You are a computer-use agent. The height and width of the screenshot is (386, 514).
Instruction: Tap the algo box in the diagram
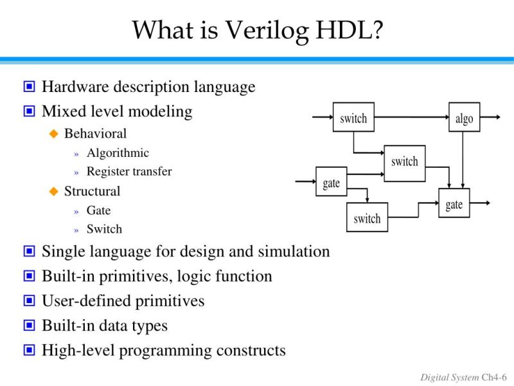click(x=464, y=117)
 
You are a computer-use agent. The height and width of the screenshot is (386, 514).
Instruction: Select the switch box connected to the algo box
click(x=353, y=117)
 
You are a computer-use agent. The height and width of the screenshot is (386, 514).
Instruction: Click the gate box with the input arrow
click(x=331, y=182)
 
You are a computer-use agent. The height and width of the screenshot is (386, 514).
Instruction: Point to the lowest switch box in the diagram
click(x=367, y=217)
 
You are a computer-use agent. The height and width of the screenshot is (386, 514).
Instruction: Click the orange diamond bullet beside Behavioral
click(x=54, y=134)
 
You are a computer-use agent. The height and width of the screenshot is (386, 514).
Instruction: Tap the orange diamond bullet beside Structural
click(x=54, y=191)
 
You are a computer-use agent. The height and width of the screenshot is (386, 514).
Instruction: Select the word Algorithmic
click(x=118, y=153)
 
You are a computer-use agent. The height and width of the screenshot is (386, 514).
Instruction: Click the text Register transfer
click(x=129, y=172)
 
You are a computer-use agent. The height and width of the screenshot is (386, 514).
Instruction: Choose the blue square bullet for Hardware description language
click(x=29, y=87)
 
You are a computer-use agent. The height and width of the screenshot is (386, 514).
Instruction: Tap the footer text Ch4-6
click(x=494, y=376)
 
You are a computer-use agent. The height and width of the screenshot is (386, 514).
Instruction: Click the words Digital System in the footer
click(x=450, y=376)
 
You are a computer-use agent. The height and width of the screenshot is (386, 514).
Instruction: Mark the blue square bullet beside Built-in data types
click(x=29, y=326)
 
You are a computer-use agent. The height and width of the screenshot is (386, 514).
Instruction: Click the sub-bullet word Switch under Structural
click(x=104, y=229)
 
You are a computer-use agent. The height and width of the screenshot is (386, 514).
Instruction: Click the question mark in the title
click(x=375, y=30)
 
